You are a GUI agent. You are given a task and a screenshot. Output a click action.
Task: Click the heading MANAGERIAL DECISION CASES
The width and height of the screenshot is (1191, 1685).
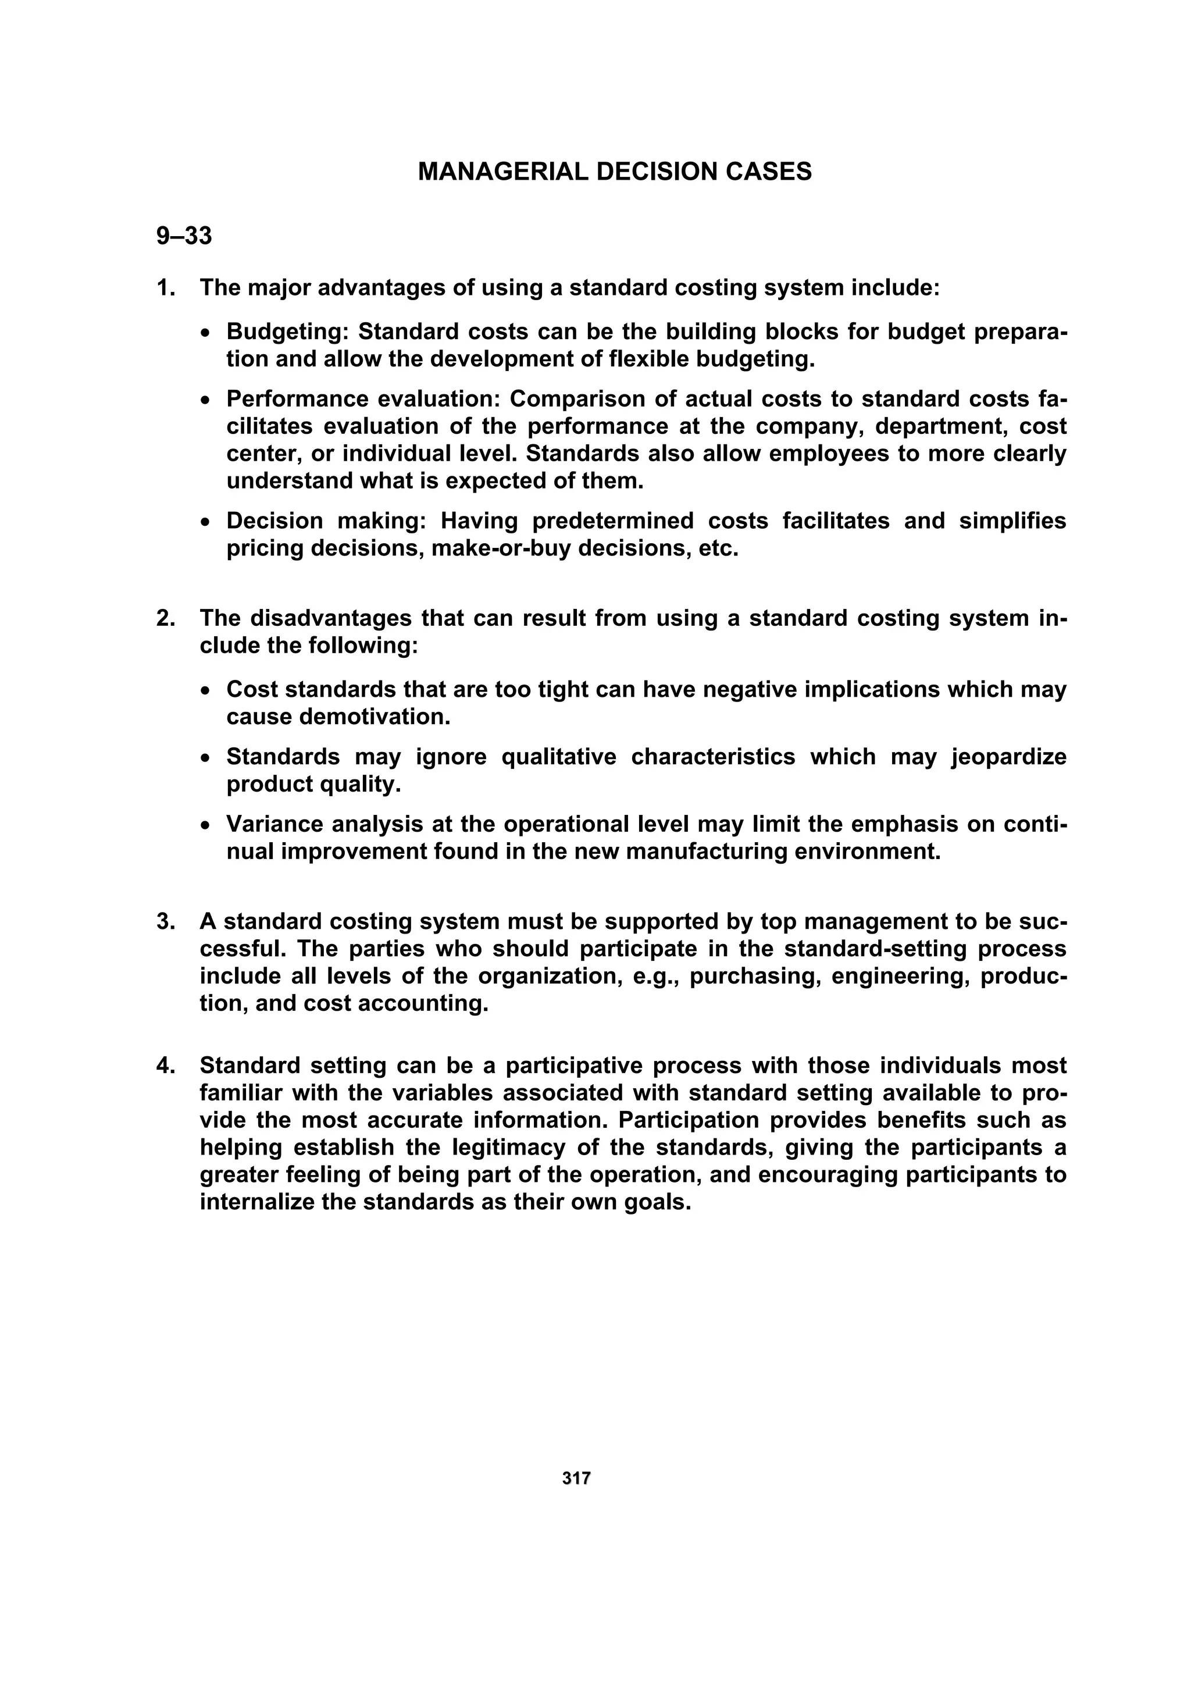pos(614,172)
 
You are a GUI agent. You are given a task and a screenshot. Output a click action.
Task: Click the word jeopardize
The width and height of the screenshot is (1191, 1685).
pos(1008,757)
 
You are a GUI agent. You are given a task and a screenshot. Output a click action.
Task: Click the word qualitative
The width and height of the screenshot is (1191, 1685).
pos(558,757)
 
